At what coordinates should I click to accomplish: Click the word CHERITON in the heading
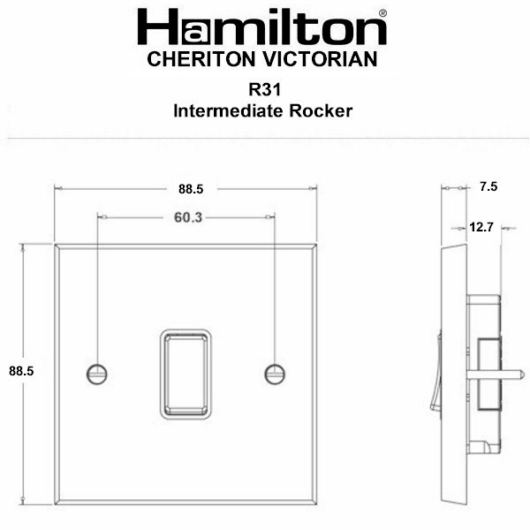(201, 59)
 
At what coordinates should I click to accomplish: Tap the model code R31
(265, 89)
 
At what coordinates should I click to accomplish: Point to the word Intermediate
(228, 111)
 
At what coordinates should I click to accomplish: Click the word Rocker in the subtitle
(321, 111)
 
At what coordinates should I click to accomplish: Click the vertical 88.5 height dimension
(21, 371)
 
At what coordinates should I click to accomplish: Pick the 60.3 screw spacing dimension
(188, 217)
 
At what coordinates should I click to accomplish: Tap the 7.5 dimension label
(488, 186)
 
